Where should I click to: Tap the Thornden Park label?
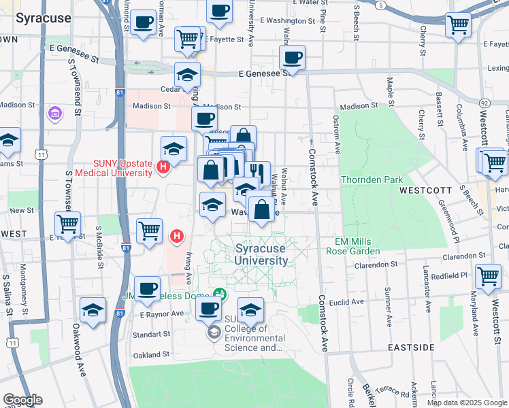pos(372,180)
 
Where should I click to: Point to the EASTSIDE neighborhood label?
pos(411,347)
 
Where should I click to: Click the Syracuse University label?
pos(261,255)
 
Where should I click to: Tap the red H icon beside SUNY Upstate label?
pos(163,167)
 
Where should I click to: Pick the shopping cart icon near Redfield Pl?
pos(488,276)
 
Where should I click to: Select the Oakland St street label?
pos(150,354)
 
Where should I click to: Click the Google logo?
pos(22,400)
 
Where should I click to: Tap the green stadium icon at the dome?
pos(219,294)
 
